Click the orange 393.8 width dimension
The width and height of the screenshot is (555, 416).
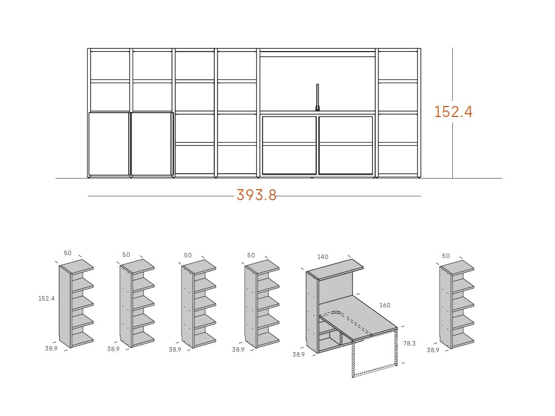point(256,195)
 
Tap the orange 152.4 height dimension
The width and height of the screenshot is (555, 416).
point(453,111)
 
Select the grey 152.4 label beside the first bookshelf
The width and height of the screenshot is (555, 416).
point(47,298)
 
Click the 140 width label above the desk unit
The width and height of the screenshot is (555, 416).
point(323,257)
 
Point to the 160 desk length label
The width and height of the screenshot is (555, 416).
point(385,305)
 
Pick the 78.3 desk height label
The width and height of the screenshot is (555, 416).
point(409,343)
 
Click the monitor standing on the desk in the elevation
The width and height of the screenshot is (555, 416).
point(317,97)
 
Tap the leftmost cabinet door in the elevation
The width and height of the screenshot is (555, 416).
point(109,144)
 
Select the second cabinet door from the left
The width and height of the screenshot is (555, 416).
point(151,144)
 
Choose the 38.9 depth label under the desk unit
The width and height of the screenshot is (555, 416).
point(299,354)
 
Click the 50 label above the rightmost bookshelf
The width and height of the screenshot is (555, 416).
point(446,256)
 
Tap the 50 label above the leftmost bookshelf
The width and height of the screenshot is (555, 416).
point(68,253)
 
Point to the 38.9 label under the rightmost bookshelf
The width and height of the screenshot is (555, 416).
point(433,350)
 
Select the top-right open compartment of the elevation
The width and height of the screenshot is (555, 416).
point(398,65)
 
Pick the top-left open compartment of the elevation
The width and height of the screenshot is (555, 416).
point(110,65)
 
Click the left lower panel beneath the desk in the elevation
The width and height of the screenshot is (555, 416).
point(289,145)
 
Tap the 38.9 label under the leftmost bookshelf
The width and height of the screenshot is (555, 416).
point(51,348)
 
